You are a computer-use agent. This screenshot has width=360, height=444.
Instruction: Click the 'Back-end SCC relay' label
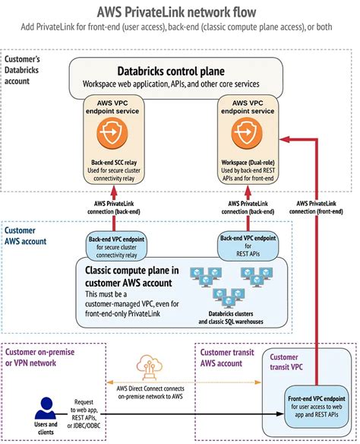[x=112, y=162]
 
